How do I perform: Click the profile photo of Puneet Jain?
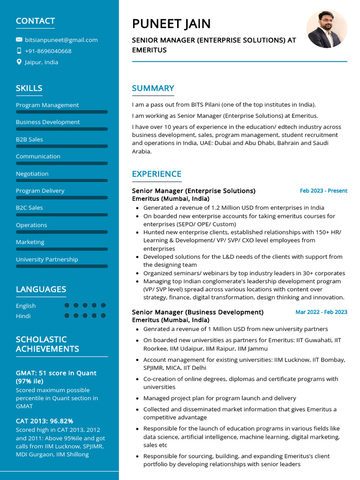pyautogui.click(x=327, y=29)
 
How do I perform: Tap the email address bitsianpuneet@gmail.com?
pyautogui.click(x=61, y=40)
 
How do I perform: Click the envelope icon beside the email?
pyautogui.click(x=19, y=40)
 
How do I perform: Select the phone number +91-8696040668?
pyautogui.click(x=48, y=51)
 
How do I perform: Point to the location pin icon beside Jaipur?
pyautogui.click(x=19, y=62)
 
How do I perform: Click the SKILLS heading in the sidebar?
pyautogui.click(x=29, y=88)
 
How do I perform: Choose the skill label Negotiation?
pyautogui.click(x=32, y=173)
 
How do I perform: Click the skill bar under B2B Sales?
pyautogui.click(x=62, y=146)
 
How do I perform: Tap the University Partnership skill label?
pyautogui.click(x=47, y=259)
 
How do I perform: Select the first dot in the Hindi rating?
pyautogui.click(x=67, y=315)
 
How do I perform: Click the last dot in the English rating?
pyautogui.click(x=104, y=305)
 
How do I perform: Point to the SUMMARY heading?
pyautogui.click(x=153, y=88)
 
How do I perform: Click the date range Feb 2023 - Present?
pyautogui.click(x=323, y=191)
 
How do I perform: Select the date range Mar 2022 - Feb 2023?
pyautogui.click(x=321, y=312)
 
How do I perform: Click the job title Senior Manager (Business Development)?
pyautogui.click(x=197, y=312)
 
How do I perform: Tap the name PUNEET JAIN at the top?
pyautogui.click(x=171, y=23)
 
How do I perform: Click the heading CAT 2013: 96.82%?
pyautogui.click(x=45, y=421)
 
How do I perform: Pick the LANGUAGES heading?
pyautogui.click(x=41, y=289)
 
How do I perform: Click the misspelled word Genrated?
pyautogui.click(x=156, y=329)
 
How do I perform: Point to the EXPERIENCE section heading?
pyautogui.click(x=157, y=174)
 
